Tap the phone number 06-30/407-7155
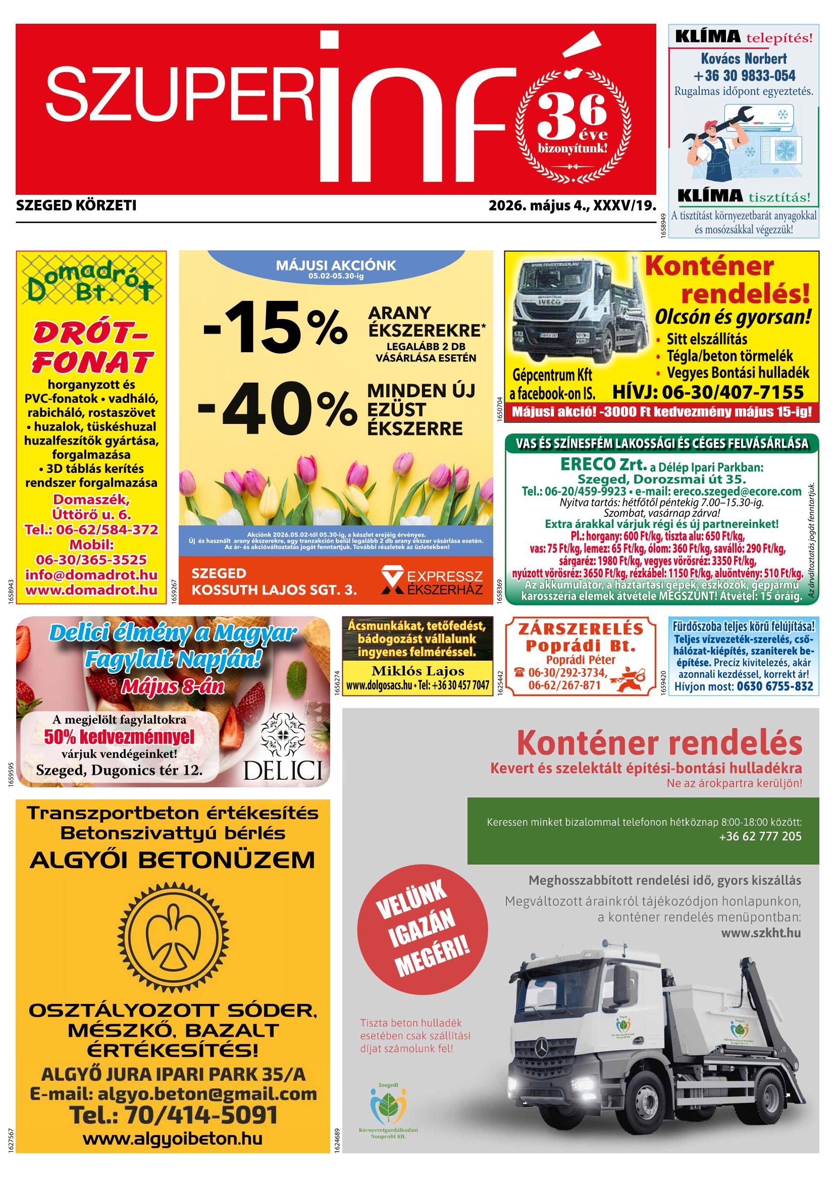708,393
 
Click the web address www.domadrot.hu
91,589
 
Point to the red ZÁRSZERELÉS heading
581,629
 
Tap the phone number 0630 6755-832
775,686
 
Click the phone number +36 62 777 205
760,836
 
